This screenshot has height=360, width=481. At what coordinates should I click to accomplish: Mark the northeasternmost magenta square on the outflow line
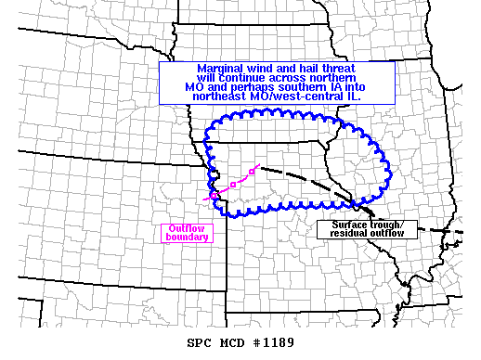253,172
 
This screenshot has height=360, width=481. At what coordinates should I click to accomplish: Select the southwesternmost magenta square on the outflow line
214,195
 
